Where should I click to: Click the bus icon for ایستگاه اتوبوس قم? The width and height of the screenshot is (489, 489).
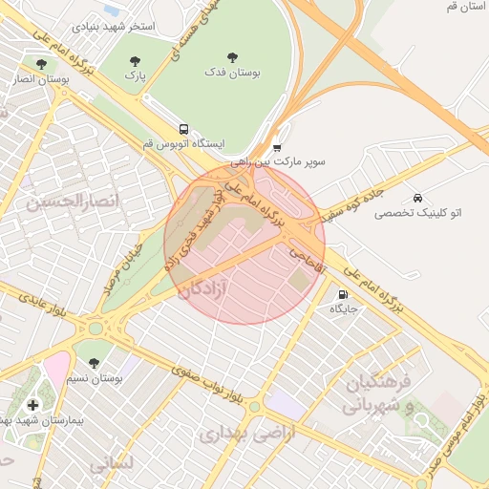182,129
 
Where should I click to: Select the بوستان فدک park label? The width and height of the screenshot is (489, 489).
233,73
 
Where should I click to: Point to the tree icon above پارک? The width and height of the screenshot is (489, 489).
135,62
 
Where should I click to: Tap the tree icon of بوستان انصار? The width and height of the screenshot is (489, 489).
41,64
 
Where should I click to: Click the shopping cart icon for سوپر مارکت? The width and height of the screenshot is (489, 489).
277,147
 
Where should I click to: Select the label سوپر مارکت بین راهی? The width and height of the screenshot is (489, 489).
284,162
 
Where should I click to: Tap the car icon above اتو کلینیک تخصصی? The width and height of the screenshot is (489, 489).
417,197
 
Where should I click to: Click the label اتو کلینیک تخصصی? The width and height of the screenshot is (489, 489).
417,212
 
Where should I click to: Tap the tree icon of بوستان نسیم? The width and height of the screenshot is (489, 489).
94,363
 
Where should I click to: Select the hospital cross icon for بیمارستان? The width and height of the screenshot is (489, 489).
33,405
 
